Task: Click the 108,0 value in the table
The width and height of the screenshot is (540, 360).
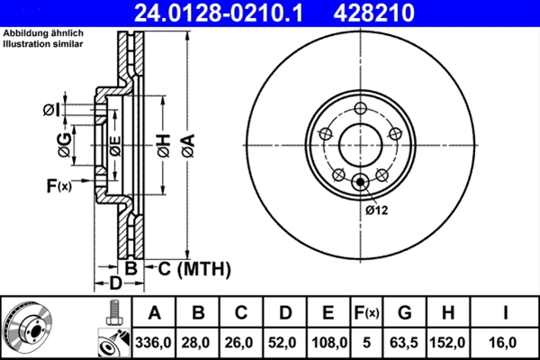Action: pos(328,343)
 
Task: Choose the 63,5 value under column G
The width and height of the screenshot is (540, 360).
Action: pos(404,343)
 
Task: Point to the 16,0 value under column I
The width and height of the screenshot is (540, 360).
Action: pos(506,343)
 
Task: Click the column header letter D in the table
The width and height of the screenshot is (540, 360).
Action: pos(284,313)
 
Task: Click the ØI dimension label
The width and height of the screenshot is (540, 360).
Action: pos(51,110)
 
